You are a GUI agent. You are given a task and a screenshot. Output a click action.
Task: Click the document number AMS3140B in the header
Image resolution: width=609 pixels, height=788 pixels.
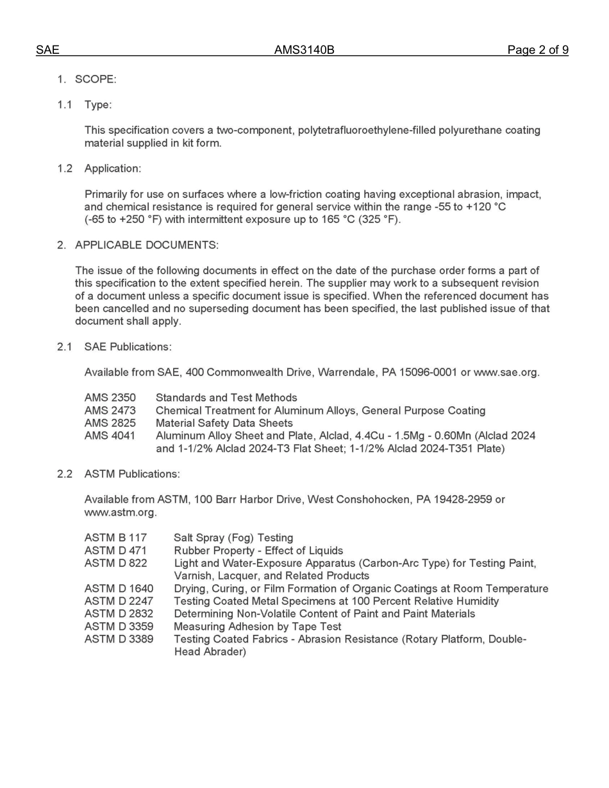[304, 50]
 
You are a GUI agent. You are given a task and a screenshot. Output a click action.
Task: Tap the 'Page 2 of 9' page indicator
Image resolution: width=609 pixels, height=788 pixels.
[537, 50]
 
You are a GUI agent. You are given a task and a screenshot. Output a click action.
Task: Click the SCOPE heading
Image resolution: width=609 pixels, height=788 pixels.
[96, 79]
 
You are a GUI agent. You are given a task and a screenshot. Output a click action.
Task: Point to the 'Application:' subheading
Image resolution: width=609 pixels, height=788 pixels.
[113, 168]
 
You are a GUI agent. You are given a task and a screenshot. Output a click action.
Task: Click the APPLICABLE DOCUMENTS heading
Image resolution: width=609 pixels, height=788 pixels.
[146, 245]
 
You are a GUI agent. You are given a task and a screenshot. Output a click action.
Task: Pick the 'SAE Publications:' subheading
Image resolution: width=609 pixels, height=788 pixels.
[128, 347]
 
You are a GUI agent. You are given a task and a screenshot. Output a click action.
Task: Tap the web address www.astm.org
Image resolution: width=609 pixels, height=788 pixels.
[120, 513]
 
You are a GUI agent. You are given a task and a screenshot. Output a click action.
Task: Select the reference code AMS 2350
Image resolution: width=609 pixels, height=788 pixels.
[110, 398]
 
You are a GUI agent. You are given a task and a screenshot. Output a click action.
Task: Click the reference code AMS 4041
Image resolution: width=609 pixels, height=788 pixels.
[110, 436]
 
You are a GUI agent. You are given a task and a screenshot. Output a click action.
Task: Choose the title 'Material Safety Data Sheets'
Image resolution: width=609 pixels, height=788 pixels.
[224, 423]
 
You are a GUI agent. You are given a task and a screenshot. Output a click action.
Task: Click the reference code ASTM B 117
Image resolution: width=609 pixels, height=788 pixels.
[115, 538]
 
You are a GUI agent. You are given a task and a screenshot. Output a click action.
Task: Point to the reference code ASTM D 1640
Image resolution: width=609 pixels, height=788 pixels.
[119, 588]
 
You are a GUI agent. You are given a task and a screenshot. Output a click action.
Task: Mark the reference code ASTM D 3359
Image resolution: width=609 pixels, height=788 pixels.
[119, 627]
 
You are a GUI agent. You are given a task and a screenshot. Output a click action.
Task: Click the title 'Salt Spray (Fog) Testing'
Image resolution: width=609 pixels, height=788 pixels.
[233, 538]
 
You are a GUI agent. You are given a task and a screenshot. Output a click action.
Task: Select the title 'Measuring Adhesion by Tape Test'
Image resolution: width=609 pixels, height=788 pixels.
[257, 627]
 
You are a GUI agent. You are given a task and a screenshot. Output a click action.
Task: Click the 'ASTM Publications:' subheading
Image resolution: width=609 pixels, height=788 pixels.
[132, 474]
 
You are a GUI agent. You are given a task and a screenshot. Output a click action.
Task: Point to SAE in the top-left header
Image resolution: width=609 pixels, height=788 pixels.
[47, 50]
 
